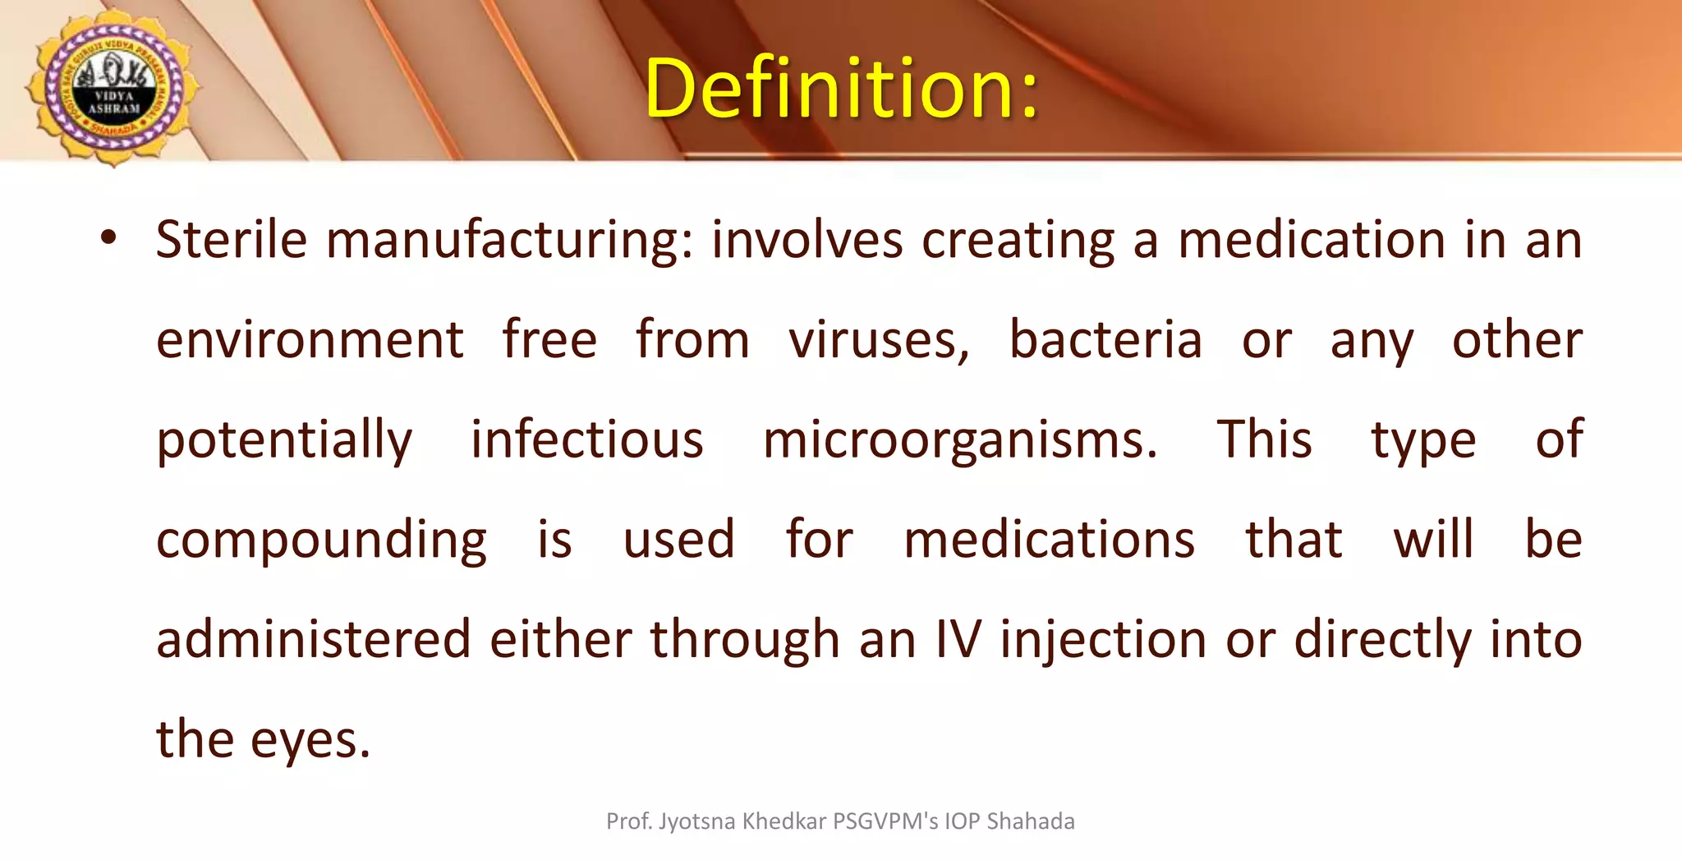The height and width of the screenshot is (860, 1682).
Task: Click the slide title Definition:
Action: [x=841, y=88]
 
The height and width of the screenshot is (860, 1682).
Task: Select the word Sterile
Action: [x=231, y=240]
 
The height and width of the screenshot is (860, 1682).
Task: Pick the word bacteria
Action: [x=1105, y=340]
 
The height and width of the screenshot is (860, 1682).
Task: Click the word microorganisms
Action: [x=958, y=440]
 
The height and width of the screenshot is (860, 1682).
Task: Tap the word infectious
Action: [x=586, y=439]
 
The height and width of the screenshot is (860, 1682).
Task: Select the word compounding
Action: [x=321, y=540]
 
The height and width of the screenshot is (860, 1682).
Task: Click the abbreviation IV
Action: [x=958, y=639]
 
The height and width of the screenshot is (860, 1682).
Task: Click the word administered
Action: [x=314, y=639]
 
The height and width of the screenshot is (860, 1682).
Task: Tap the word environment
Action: [x=310, y=340]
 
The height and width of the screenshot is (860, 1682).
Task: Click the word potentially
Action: [x=284, y=440]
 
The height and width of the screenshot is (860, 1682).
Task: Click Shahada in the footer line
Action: [x=1030, y=821]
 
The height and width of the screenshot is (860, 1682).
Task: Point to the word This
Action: [x=1264, y=439]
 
